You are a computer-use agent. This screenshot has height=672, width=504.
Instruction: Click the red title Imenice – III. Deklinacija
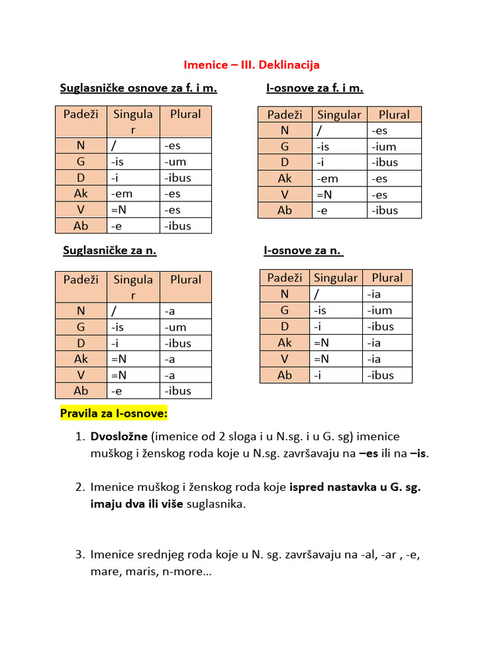[x=251, y=65]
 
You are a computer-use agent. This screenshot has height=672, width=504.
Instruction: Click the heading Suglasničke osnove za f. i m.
[x=138, y=88]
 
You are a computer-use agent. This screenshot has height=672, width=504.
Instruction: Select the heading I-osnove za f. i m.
[x=315, y=88]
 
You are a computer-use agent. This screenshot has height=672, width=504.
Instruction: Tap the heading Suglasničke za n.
[x=110, y=250]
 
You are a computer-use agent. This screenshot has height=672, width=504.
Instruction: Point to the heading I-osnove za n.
[x=304, y=250]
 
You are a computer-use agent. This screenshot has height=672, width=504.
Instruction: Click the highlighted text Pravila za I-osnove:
[x=114, y=413]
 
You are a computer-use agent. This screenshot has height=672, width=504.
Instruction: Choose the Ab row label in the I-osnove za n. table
[x=285, y=375]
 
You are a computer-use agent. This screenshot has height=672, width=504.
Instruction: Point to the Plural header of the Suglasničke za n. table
[x=186, y=280]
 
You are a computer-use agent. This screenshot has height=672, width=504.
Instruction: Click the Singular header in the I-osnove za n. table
[x=336, y=278]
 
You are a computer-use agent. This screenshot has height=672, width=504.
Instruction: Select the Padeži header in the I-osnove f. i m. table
[x=285, y=115]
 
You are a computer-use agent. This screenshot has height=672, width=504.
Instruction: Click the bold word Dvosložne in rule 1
[x=119, y=436]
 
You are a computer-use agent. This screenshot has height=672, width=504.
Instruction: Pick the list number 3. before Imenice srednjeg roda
[x=79, y=555]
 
